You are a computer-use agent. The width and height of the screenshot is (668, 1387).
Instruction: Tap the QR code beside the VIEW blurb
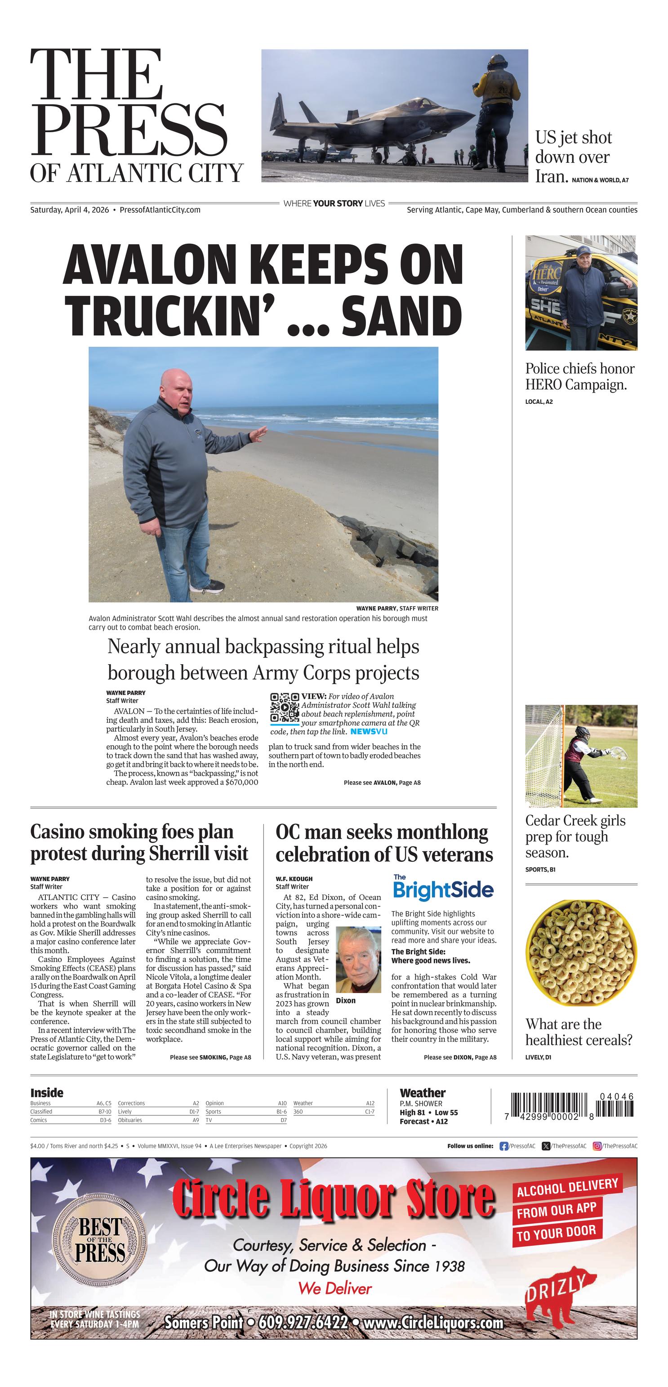pyautogui.click(x=284, y=707)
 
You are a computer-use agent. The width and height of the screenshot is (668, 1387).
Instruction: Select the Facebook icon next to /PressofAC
pyautogui.click(x=504, y=1146)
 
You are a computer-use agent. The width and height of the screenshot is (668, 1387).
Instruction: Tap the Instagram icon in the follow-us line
pyautogui.click(x=597, y=1146)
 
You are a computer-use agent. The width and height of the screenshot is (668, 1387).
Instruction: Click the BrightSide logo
pyautogui.click(x=443, y=889)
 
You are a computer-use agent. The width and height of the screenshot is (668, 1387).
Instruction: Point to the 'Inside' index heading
pyautogui.click(x=47, y=1093)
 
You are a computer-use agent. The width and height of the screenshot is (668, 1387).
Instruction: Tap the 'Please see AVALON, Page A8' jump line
pyautogui.click(x=382, y=783)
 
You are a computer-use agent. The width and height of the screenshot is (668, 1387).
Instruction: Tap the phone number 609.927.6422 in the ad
pyautogui.click(x=303, y=1322)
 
